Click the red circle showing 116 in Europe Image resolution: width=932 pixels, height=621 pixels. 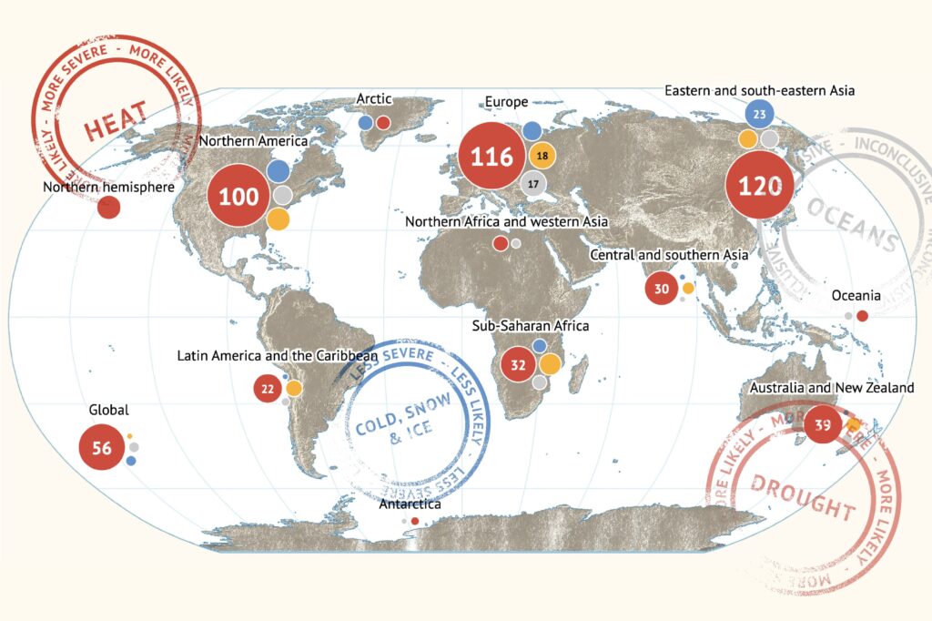tap(491, 157)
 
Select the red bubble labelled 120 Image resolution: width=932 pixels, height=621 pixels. tap(760, 186)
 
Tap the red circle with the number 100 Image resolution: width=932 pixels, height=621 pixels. tap(238, 196)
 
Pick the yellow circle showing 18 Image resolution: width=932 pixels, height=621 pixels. tap(542, 156)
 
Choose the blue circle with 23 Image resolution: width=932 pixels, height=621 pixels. tap(759, 115)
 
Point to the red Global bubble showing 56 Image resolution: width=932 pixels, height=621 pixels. tap(101, 448)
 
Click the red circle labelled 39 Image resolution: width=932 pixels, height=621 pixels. tap(823, 424)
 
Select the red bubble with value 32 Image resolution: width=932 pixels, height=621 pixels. tap(519, 365)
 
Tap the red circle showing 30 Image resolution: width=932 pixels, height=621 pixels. tap(662, 289)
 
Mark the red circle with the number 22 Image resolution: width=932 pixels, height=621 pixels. tap(268, 389)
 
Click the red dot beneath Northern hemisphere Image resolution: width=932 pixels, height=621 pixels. tap(109, 208)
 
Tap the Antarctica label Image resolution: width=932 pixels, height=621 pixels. tap(410, 504)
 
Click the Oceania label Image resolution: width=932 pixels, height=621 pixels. tap(856, 296)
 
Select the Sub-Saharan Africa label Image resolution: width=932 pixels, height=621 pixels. tap(531, 325)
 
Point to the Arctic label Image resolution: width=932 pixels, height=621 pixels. tap(373, 98)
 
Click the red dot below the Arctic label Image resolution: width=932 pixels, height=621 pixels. tap(383, 122)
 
